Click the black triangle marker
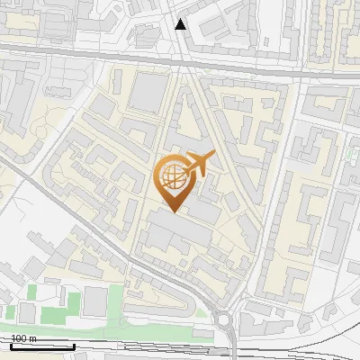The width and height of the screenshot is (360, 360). coord(181,24)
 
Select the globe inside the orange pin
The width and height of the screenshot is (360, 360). coord(175,177)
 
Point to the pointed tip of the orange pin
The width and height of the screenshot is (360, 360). coord(173,212)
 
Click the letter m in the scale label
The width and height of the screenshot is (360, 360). coord(33,338)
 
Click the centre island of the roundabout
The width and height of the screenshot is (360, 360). coord(223,319)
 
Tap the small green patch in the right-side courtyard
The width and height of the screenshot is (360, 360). coord(349,155)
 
